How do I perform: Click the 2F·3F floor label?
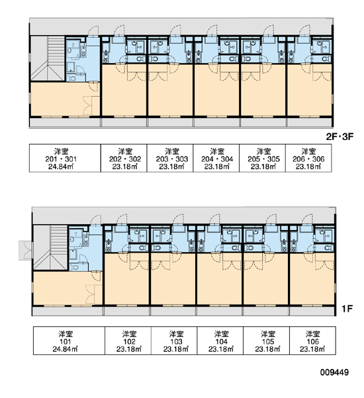(x=339, y=137)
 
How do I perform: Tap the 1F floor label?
(x=347, y=308)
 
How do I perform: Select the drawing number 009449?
(x=334, y=372)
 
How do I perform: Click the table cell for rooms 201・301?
(x=65, y=158)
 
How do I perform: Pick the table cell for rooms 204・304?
(x=216, y=158)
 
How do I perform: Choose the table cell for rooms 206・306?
(x=308, y=158)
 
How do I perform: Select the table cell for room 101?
(x=69, y=340)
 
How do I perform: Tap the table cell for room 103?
(x=174, y=340)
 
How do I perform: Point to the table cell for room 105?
(x=266, y=340)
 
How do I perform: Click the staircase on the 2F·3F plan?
(x=48, y=58)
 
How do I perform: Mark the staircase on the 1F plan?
(x=51, y=247)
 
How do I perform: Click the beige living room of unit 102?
(x=126, y=279)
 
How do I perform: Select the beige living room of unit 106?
(x=312, y=279)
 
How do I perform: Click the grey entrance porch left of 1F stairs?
(x=26, y=250)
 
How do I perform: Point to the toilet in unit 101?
(x=73, y=267)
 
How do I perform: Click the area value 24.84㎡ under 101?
(x=65, y=349)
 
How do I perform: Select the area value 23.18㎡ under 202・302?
(x=124, y=166)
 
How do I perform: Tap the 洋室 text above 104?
(x=221, y=334)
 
